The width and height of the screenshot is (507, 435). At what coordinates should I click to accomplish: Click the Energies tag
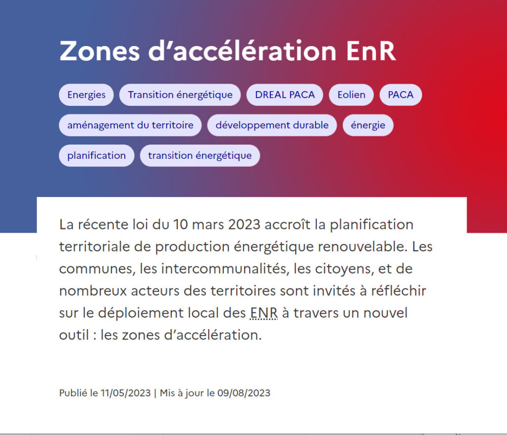coord(86,95)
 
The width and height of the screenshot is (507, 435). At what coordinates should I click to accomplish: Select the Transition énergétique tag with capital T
coord(180,95)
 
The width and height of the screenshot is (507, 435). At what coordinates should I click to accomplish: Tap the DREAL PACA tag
coord(285,95)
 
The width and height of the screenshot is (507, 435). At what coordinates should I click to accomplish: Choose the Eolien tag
coord(351,95)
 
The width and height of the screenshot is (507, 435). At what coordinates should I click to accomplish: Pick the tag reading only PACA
coord(401,95)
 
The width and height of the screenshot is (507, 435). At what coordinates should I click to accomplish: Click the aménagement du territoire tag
coord(130,125)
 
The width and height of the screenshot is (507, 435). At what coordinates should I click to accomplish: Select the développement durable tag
coord(272,125)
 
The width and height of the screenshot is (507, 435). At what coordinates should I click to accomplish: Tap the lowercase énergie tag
coord(368,125)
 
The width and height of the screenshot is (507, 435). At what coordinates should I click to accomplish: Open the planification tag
coord(97,155)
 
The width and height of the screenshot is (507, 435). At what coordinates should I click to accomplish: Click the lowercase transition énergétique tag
coord(200,155)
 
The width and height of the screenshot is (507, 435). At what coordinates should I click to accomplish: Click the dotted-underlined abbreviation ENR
coord(264,313)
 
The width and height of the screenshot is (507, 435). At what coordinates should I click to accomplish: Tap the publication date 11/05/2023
coord(125,393)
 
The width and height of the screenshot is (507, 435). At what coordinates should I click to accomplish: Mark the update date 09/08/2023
coord(244,393)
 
